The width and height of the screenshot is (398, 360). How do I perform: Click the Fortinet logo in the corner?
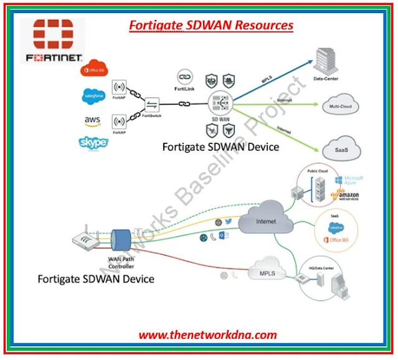(52, 41)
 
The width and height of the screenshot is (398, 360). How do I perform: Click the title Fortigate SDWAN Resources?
(211, 26)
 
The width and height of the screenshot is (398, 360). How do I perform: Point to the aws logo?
(93, 120)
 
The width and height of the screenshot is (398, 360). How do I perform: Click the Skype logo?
(93, 143)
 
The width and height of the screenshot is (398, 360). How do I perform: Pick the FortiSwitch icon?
(151, 105)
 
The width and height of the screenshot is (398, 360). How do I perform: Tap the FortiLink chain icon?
(184, 75)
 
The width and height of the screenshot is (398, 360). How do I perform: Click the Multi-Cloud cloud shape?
(340, 107)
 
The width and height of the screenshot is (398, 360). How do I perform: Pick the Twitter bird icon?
(228, 222)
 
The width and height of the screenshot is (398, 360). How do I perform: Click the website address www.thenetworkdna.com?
(207, 334)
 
